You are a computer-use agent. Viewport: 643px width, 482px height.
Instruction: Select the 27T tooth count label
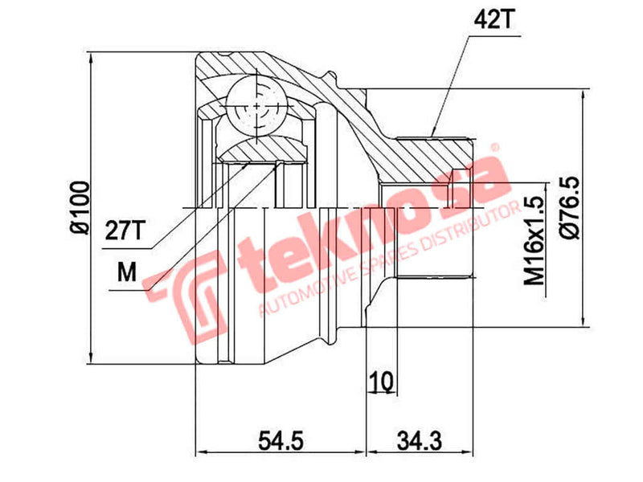pyautogui.click(x=125, y=231)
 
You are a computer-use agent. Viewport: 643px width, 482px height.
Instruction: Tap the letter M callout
pyautogui.click(x=126, y=273)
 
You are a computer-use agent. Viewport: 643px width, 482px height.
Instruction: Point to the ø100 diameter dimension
pyautogui.click(x=78, y=207)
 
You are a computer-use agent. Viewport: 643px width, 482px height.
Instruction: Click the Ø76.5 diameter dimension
pyautogui.click(x=571, y=207)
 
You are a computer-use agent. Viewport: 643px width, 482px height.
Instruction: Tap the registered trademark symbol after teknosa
pyautogui.click(x=496, y=149)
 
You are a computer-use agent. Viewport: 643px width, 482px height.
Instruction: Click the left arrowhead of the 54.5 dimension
pyautogui.click(x=199, y=452)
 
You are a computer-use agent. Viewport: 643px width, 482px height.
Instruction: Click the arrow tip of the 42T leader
pyautogui.click(x=432, y=134)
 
